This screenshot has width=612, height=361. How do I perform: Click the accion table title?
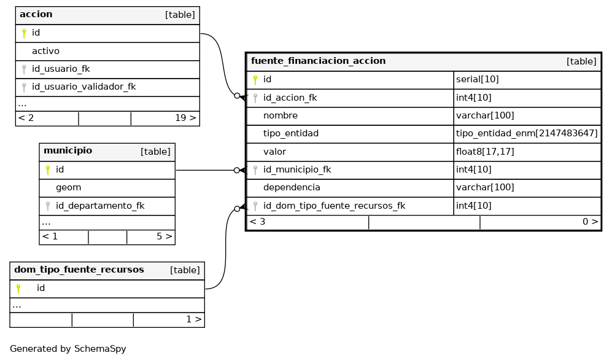click(36, 15)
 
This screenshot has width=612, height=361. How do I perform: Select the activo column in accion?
click(45, 51)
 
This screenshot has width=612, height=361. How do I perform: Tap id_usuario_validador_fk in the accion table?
click(84, 87)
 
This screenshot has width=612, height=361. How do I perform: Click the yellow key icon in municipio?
click(48, 170)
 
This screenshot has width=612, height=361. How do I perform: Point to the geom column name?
click(68, 188)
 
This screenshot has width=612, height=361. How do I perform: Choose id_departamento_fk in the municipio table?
click(100, 206)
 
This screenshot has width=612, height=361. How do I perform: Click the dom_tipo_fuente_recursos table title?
click(79, 270)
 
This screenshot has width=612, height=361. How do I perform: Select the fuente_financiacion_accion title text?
click(318, 61)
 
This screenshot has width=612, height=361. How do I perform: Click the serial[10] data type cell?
click(478, 79)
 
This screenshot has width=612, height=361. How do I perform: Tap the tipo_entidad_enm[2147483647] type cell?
click(527, 133)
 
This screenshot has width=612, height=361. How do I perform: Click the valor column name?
click(274, 152)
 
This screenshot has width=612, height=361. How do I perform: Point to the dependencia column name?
click(292, 187)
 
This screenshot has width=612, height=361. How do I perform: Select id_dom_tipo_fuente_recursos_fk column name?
click(334, 206)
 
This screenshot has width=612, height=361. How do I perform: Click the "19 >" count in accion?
click(185, 118)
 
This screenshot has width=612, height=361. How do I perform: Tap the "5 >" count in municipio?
click(165, 236)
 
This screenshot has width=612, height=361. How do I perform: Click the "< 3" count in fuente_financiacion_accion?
click(258, 222)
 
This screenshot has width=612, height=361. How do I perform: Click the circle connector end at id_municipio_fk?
click(236, 170)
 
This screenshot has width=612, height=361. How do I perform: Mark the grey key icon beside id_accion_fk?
click(255, 98)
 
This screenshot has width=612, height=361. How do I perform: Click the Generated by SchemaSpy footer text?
click(68, 349)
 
